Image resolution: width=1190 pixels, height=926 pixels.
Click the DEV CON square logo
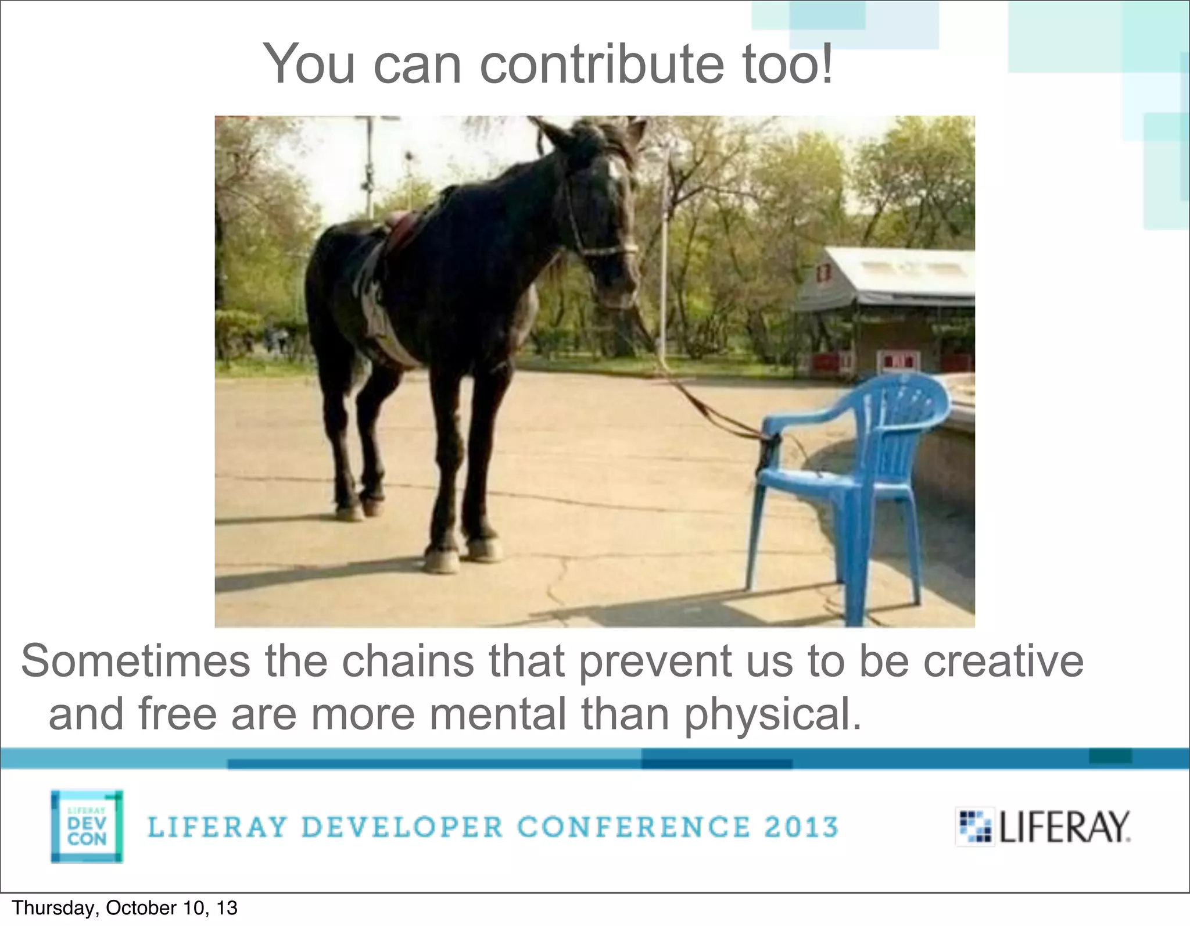tap(87, 826)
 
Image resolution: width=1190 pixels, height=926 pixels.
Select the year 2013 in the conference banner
tap(801, 827)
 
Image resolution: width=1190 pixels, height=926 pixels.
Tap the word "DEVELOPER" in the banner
tap(402, 827)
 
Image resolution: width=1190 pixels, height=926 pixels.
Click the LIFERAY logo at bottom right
tap(1044, 827)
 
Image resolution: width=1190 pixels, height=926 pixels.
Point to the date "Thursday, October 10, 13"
tap(124, 908)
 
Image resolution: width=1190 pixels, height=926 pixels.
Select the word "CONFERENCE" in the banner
tap(633, 827)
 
